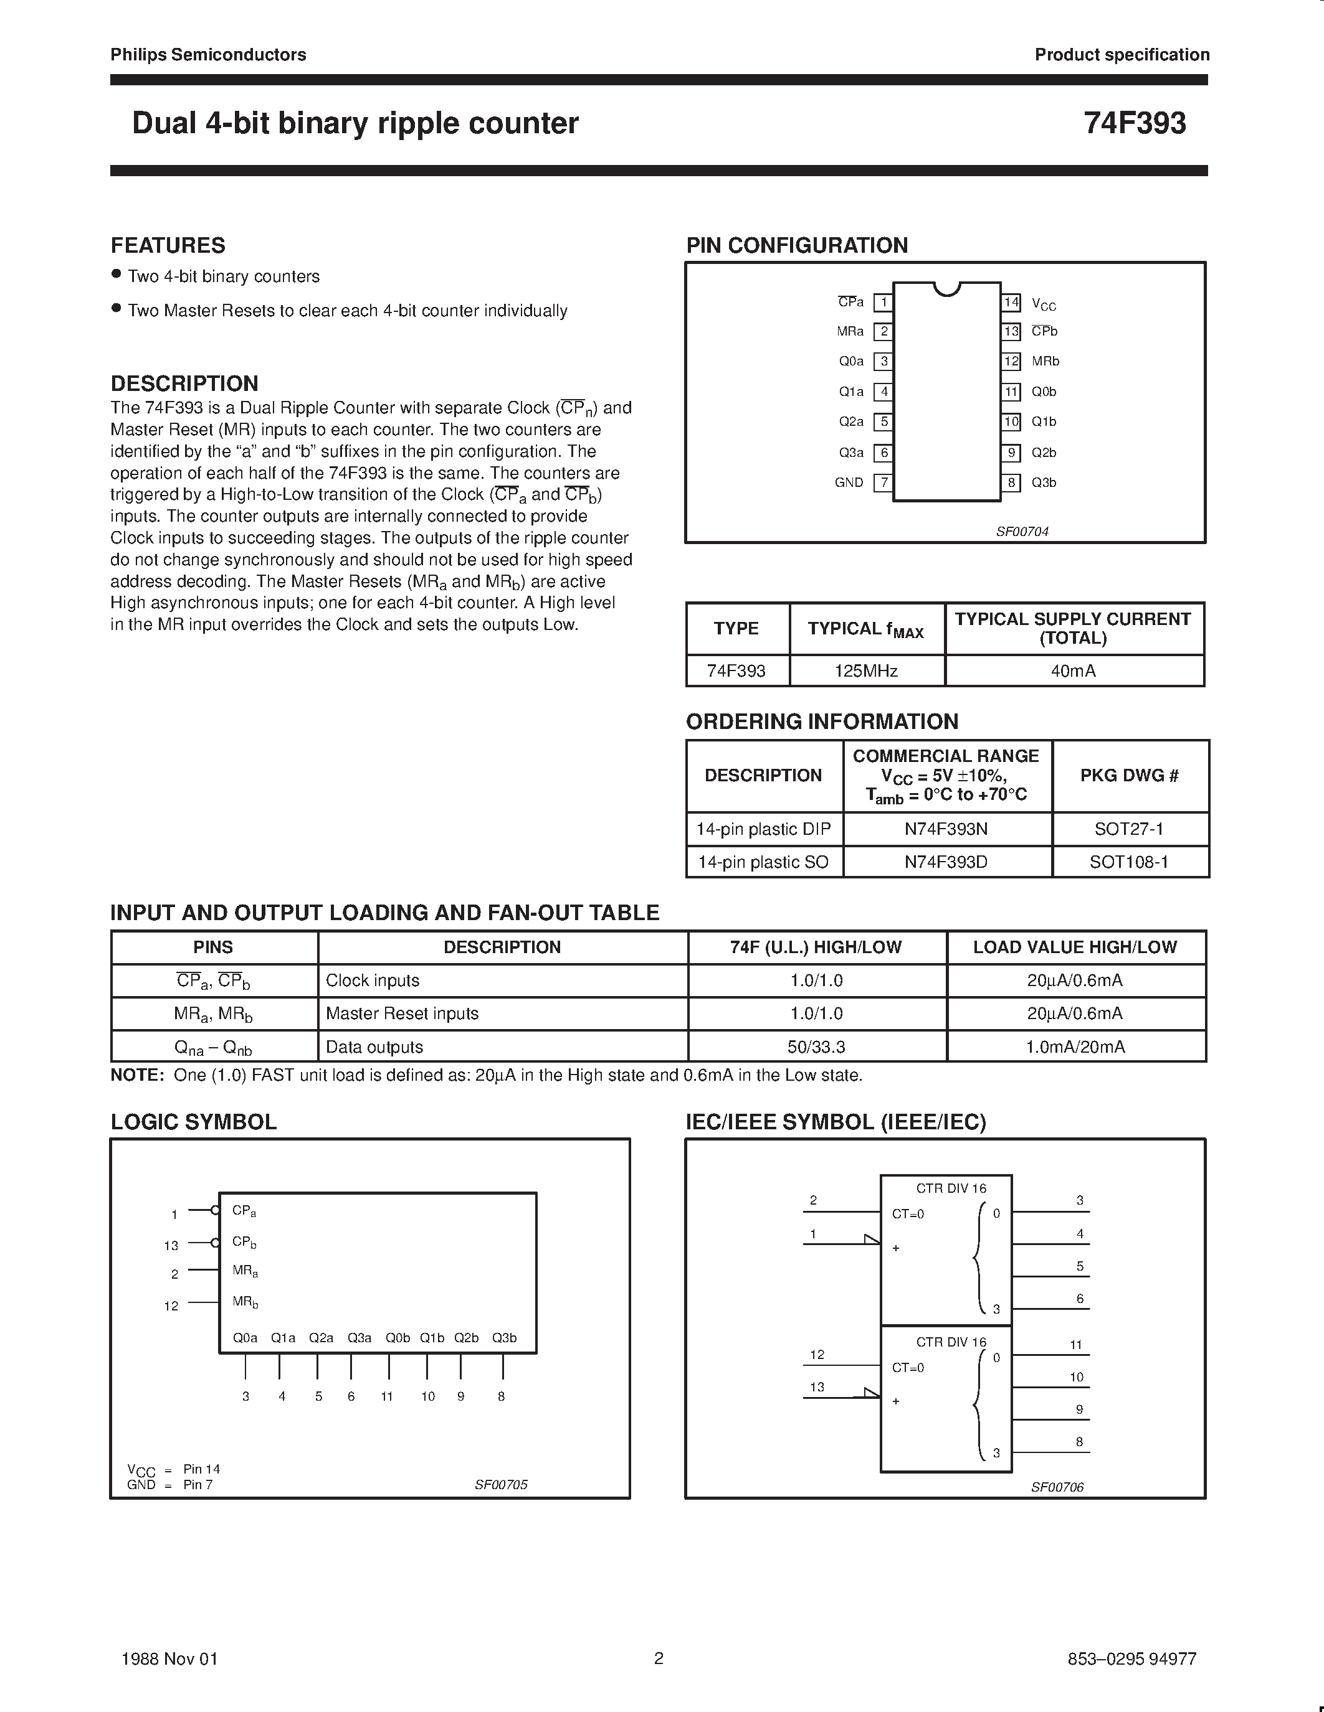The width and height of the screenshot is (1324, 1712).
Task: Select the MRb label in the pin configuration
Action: [x=1045, y=361]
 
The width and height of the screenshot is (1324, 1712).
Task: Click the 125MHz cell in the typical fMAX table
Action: [x=866, y=671]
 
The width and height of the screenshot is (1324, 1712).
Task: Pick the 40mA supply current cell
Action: [x=1073, y=671]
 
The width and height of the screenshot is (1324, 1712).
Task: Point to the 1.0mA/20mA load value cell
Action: [x=1075, y=1047]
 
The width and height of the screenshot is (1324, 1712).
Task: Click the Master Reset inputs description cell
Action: [x=402, y=1014]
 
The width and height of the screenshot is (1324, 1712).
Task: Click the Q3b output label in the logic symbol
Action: [x=503, y=1338]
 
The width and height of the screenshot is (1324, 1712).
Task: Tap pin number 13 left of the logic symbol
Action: [x=171, y=1246]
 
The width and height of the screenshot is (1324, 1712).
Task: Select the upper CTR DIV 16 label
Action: [x=951, y=1188]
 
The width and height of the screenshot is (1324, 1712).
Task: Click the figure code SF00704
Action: [x=1022, y=532]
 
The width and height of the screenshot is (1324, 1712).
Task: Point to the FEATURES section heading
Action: [x=168, y=245]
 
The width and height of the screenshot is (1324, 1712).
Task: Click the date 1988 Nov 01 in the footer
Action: [x=169, y=1658]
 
